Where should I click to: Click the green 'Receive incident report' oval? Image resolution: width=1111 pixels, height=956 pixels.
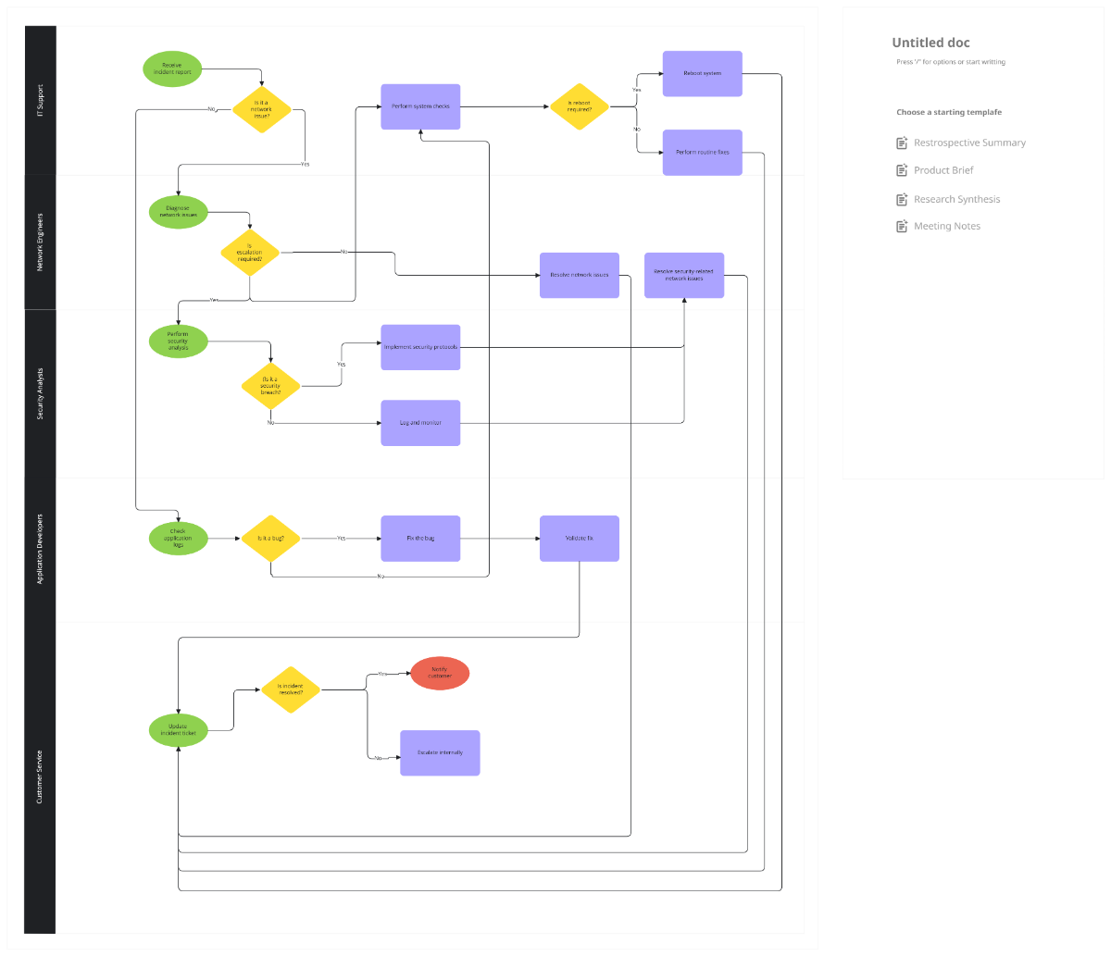[172, 69]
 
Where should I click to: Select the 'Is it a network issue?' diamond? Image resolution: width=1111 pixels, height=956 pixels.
[262, 109]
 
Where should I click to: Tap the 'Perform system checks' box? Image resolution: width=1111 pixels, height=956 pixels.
[420, 106]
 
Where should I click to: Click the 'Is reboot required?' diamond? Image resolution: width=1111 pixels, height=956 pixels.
[580, 106]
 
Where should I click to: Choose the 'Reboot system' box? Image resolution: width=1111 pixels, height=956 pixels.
[702, 73]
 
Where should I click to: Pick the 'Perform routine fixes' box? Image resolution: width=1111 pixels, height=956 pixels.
[702, 153]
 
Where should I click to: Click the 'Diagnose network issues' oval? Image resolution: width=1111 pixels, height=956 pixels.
[178, 211]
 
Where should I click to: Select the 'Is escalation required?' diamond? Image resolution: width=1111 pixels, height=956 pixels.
[250, 253]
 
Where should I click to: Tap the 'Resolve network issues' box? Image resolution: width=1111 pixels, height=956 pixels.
[580, 275]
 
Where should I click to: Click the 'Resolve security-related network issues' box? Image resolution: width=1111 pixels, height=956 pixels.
[684, 275]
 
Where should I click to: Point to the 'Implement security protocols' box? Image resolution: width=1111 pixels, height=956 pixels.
[420, 347]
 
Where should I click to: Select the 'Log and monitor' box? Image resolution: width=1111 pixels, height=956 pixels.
[420, 423]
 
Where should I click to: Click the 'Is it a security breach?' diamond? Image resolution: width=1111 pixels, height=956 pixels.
[270, 386]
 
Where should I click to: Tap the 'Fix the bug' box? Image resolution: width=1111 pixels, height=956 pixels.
[420, 539]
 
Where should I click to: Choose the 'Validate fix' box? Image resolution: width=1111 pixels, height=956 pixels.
[580, 539]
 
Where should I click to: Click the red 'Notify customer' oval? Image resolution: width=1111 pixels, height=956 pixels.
[440, 673]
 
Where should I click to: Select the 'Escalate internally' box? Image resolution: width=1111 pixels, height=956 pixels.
[440, 752]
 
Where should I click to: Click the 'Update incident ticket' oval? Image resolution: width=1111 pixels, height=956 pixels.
[178, 729]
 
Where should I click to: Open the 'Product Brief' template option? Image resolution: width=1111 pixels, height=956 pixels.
[943, 170]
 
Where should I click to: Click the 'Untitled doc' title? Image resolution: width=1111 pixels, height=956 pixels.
[930, 43]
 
